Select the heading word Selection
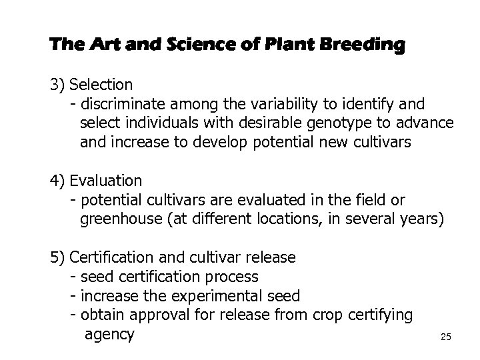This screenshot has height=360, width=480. click(101, 85)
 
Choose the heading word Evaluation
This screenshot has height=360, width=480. click(105, 181)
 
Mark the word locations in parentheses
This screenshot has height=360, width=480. click(289, 219)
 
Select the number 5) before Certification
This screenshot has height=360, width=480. click(58, 257)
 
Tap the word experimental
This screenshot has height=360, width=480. click(225, 295)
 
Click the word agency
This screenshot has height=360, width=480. click(109, 333)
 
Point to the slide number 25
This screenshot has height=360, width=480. click(446, 337)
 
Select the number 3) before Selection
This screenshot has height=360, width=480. click(58, 85)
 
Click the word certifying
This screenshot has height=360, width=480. click(381, 314)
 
